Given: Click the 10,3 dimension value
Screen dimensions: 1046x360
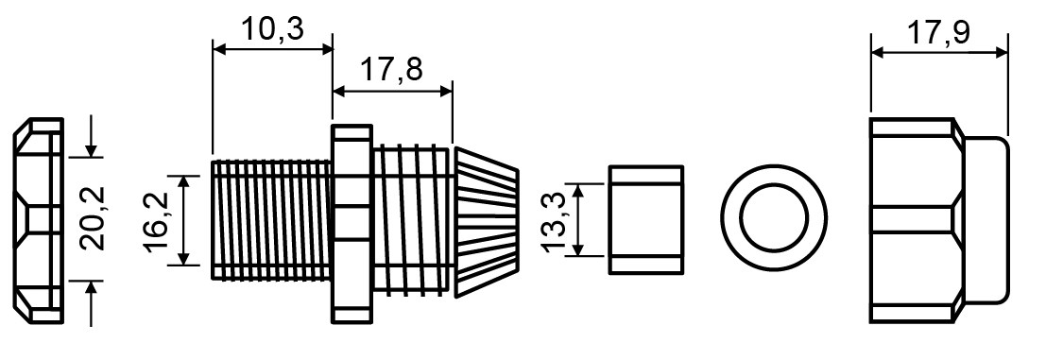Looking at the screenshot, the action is point(272,28).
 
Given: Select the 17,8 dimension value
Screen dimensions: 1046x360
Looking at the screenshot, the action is point(392,69).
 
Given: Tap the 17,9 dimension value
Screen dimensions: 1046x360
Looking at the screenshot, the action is point(939,33).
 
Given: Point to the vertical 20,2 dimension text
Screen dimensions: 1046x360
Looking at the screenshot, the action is point(92,218).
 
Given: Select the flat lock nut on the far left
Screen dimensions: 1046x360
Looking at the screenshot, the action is point(39,221).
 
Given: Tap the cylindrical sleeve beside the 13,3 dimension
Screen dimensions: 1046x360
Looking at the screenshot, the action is point(646,219).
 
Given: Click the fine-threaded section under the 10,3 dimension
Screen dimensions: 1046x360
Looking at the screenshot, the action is point(271,219).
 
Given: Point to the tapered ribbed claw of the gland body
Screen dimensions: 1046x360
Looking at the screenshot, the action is point(487,221).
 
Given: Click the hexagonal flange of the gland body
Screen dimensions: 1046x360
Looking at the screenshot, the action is point(352,224).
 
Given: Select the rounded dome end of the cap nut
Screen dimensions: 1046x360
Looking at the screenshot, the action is point(986,220).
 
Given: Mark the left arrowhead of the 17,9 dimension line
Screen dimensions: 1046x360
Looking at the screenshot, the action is point(879,53).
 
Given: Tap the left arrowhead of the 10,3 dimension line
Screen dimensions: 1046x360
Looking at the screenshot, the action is point(220,49).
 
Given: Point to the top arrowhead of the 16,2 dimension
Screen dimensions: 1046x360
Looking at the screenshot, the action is point(190,183).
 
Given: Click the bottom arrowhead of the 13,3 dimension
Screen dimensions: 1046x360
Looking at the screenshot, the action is point(578,248).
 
